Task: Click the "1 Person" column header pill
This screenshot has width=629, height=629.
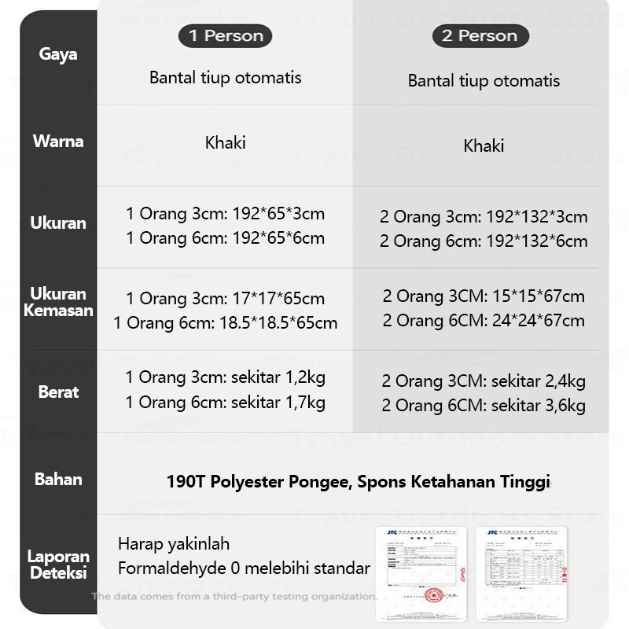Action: (x=225, y=35)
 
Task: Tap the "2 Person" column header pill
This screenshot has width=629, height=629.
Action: (x=480, y=36)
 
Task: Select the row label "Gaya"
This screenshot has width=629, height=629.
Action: (x=58, y=55)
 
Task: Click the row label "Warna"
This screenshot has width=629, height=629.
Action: (x=58, y=142)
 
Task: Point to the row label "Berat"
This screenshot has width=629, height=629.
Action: (x=58, y=392)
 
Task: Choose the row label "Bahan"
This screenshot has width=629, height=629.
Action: (x=58, y=479)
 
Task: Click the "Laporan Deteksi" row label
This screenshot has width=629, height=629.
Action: (x=58, y=565)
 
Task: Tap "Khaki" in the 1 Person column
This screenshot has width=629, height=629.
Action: (x=225, y=142)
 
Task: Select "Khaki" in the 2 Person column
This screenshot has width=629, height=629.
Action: (x=484, y=145)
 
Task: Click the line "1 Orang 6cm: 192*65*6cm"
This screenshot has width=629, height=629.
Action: (x=225, y=237)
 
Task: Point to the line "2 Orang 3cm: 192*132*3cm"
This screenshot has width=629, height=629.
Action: (x=484, y=217)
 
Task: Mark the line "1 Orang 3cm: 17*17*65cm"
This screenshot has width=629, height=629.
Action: (x=225, y=299)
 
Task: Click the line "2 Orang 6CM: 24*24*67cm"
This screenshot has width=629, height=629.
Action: (x=484, y=321)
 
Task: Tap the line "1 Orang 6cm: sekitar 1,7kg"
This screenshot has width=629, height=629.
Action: (x=225, y=403)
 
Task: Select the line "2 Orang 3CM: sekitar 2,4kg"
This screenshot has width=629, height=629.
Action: (x=484, y=382)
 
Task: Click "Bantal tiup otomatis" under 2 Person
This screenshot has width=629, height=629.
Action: (x=484, y=81)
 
